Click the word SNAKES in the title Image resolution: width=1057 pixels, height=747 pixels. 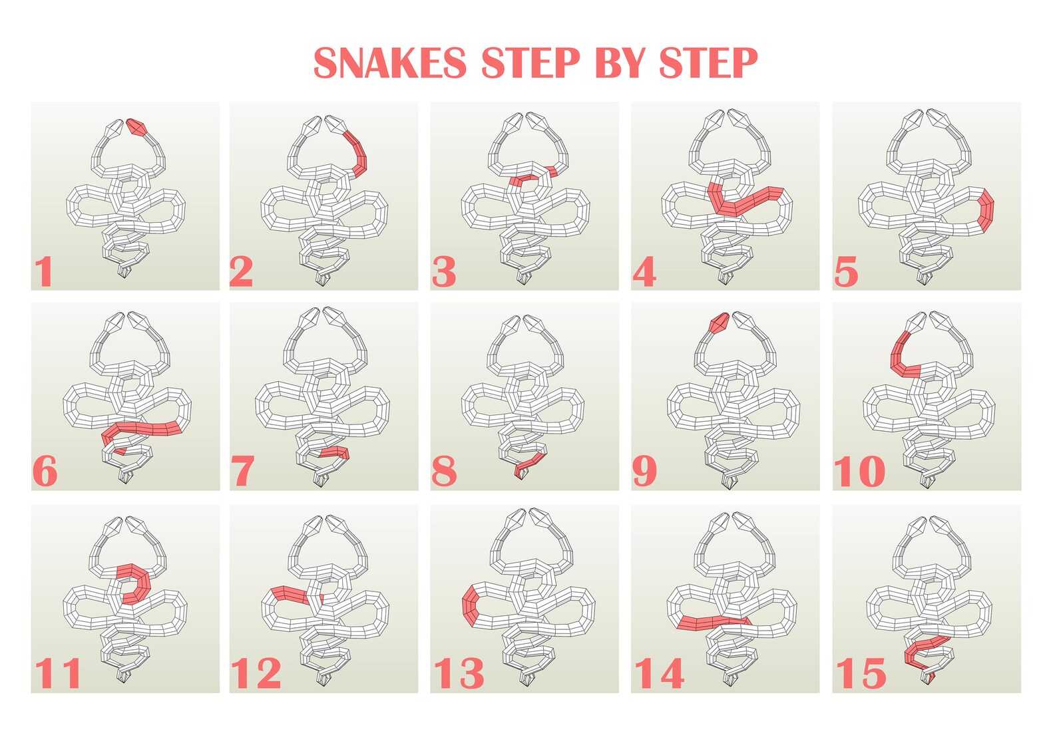click(x=389, y=64)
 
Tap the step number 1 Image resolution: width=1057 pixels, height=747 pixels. click(x=44, y=271)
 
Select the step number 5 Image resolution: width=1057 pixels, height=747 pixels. click(x=846, y=271)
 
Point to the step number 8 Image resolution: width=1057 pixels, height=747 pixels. click(x=444, y=472)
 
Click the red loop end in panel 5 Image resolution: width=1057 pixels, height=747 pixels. click(x=986, y=210)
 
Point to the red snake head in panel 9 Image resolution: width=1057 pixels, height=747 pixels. click(x=719, y=323)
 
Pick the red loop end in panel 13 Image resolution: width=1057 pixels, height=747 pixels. click(x=469, y=605)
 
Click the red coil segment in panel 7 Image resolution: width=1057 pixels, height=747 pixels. click(x=335, y=452)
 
